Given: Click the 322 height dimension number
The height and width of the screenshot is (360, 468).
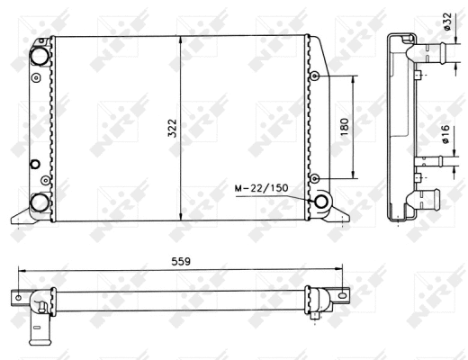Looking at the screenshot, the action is [173, 128].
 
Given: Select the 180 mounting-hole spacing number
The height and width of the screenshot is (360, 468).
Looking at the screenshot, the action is [345, 127].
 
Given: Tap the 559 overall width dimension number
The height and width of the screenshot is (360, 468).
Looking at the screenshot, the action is [181, 262].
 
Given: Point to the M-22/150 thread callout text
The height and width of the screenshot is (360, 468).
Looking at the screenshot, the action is [261, 188].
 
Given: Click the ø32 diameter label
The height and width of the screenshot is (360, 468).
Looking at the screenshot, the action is [447, 21].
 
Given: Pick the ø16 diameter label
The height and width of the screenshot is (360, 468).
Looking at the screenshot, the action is [445, 134].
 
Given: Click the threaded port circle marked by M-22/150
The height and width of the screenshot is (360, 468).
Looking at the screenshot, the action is [321, 202].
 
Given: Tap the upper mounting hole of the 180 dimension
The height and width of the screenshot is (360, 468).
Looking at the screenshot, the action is [314, 76].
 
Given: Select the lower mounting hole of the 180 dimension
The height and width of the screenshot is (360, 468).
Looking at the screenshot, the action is [314, 179].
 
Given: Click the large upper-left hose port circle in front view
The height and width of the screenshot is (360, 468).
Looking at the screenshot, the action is [40, 57].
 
